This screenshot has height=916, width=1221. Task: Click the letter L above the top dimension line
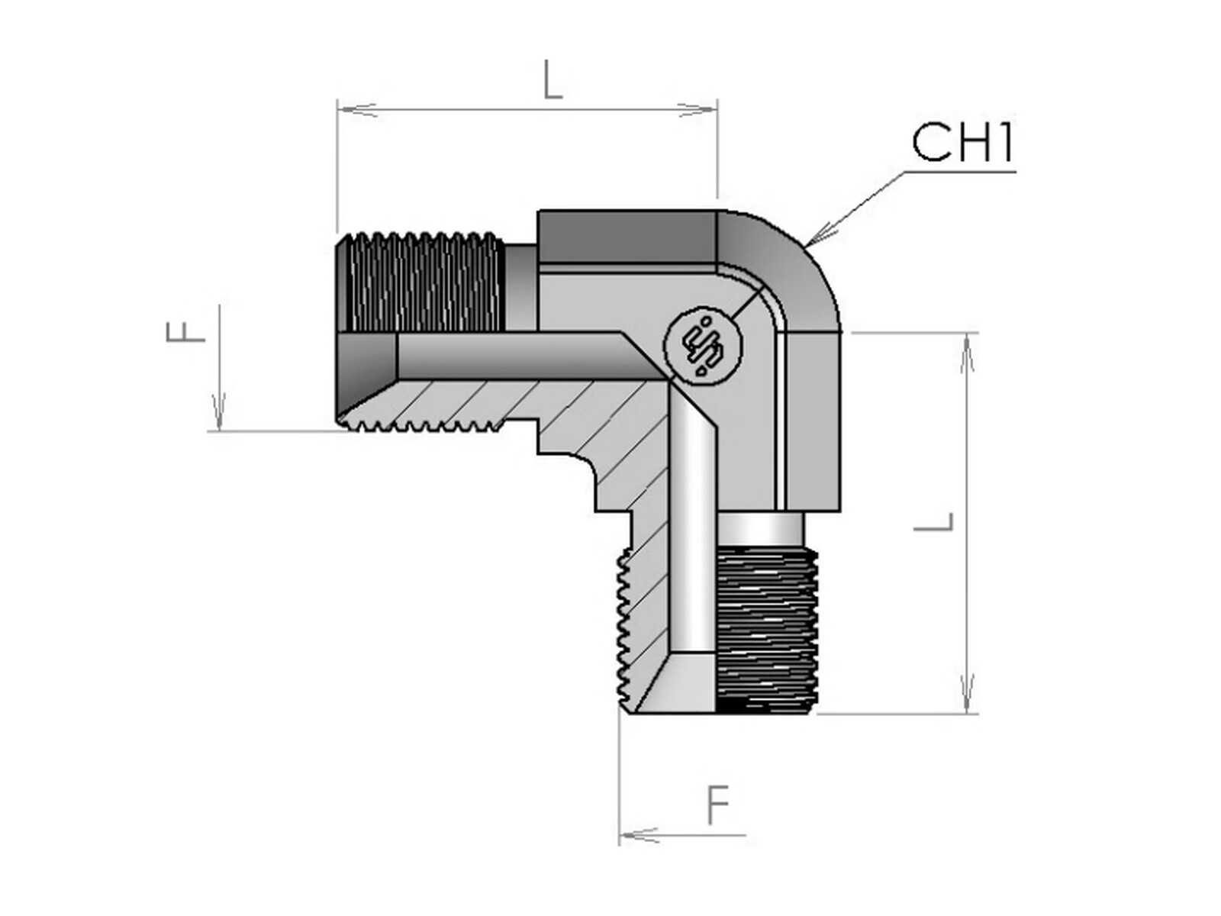tap(553, 82)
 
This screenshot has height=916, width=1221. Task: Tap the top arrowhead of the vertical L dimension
tap(968, 352)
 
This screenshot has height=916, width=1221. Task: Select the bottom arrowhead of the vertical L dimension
tap(968, 694)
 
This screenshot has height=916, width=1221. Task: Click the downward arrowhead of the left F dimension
tap(219, 412)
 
